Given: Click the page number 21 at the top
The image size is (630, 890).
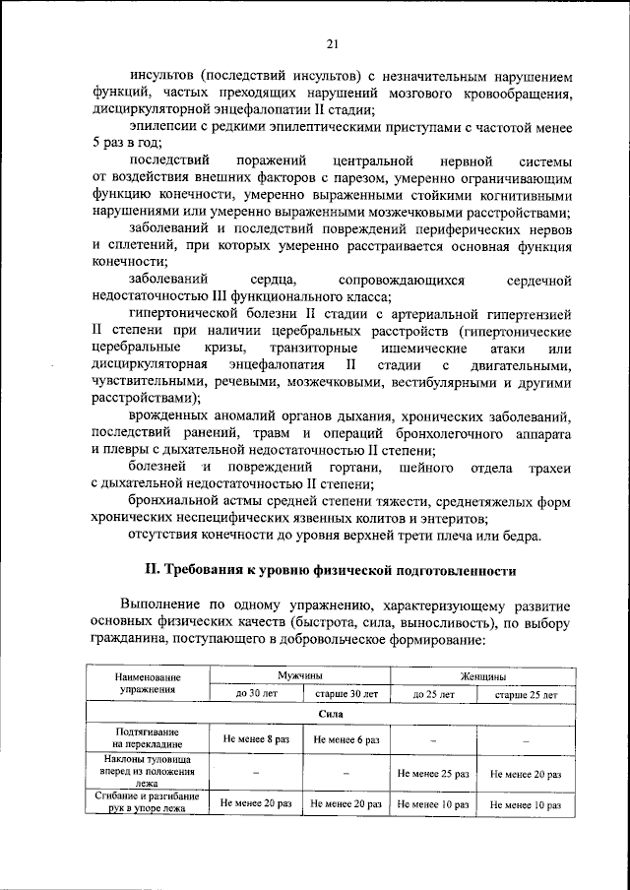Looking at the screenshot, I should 332,42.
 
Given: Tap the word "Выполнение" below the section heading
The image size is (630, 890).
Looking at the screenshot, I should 164,604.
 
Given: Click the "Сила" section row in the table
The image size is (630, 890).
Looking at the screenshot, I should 331,715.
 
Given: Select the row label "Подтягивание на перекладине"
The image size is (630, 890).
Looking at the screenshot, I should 148,738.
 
